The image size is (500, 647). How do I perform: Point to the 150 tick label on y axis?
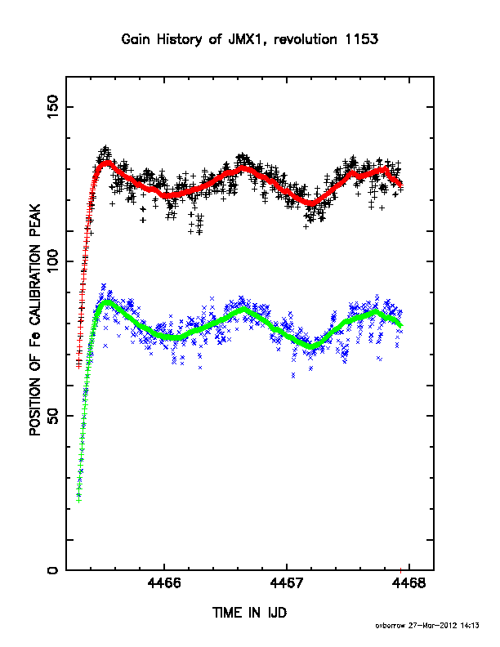53,106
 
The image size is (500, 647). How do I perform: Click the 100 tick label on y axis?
53,261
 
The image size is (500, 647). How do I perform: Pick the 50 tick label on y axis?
53,416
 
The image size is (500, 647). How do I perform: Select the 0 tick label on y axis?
53,570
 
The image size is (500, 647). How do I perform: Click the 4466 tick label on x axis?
164,583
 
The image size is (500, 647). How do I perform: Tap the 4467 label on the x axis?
287,583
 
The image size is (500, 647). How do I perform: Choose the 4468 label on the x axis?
408,583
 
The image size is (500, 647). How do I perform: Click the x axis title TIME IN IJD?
249,613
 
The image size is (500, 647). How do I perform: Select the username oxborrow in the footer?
391,626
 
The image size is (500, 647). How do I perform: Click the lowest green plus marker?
78,500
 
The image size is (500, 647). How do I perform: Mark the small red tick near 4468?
400,570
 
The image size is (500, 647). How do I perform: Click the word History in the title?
180,40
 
